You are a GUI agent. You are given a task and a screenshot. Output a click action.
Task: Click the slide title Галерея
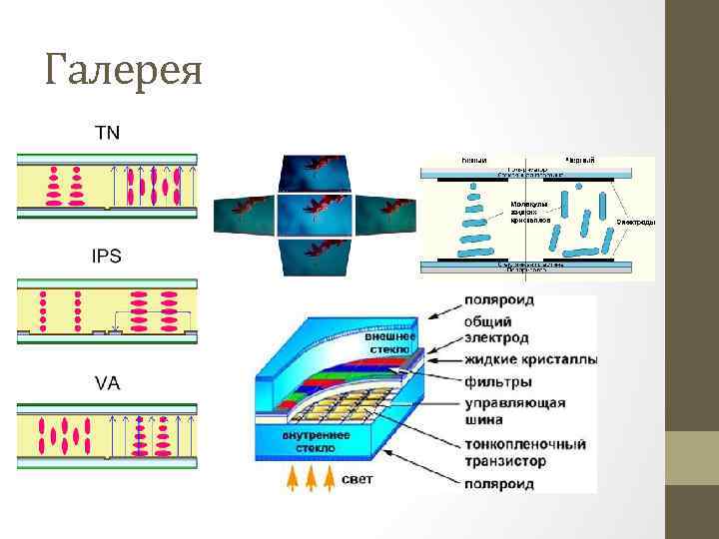(x=124, y=71)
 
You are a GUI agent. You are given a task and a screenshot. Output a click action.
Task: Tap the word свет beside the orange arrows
(x=358, y=479)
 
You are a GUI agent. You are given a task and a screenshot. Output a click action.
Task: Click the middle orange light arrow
(x=312, y=480)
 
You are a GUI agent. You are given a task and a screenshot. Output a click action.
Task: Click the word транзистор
(x=505, y=462)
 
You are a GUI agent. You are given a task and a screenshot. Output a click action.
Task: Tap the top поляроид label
(x=498, y=299)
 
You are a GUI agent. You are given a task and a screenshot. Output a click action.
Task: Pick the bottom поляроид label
(x=498, y=484)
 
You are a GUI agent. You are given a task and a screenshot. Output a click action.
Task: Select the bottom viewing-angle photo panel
(x=315, y=254)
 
